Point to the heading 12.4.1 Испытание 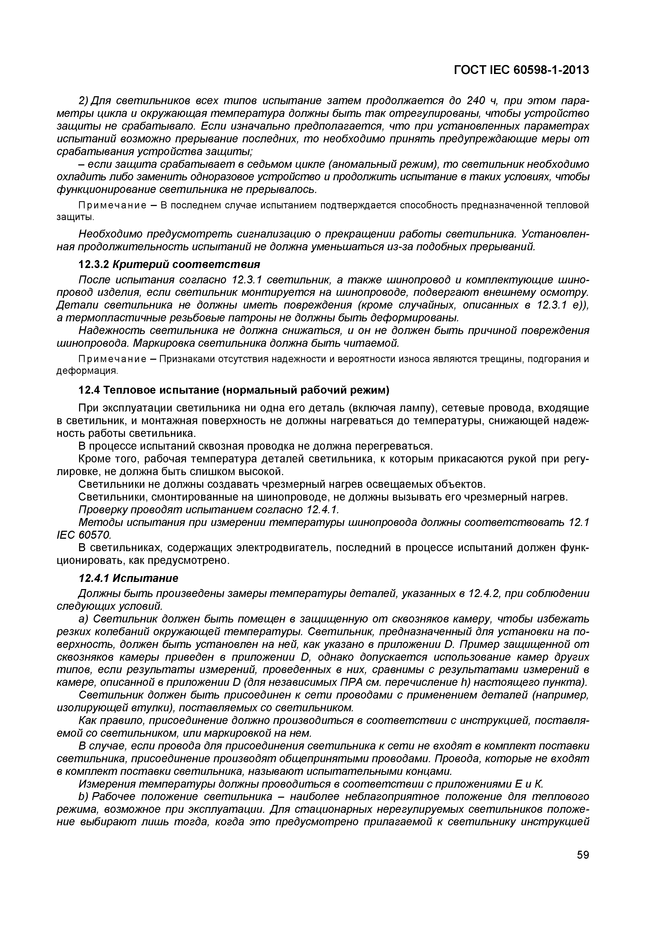tap(128, 578)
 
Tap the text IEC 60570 tap(83, 535)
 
